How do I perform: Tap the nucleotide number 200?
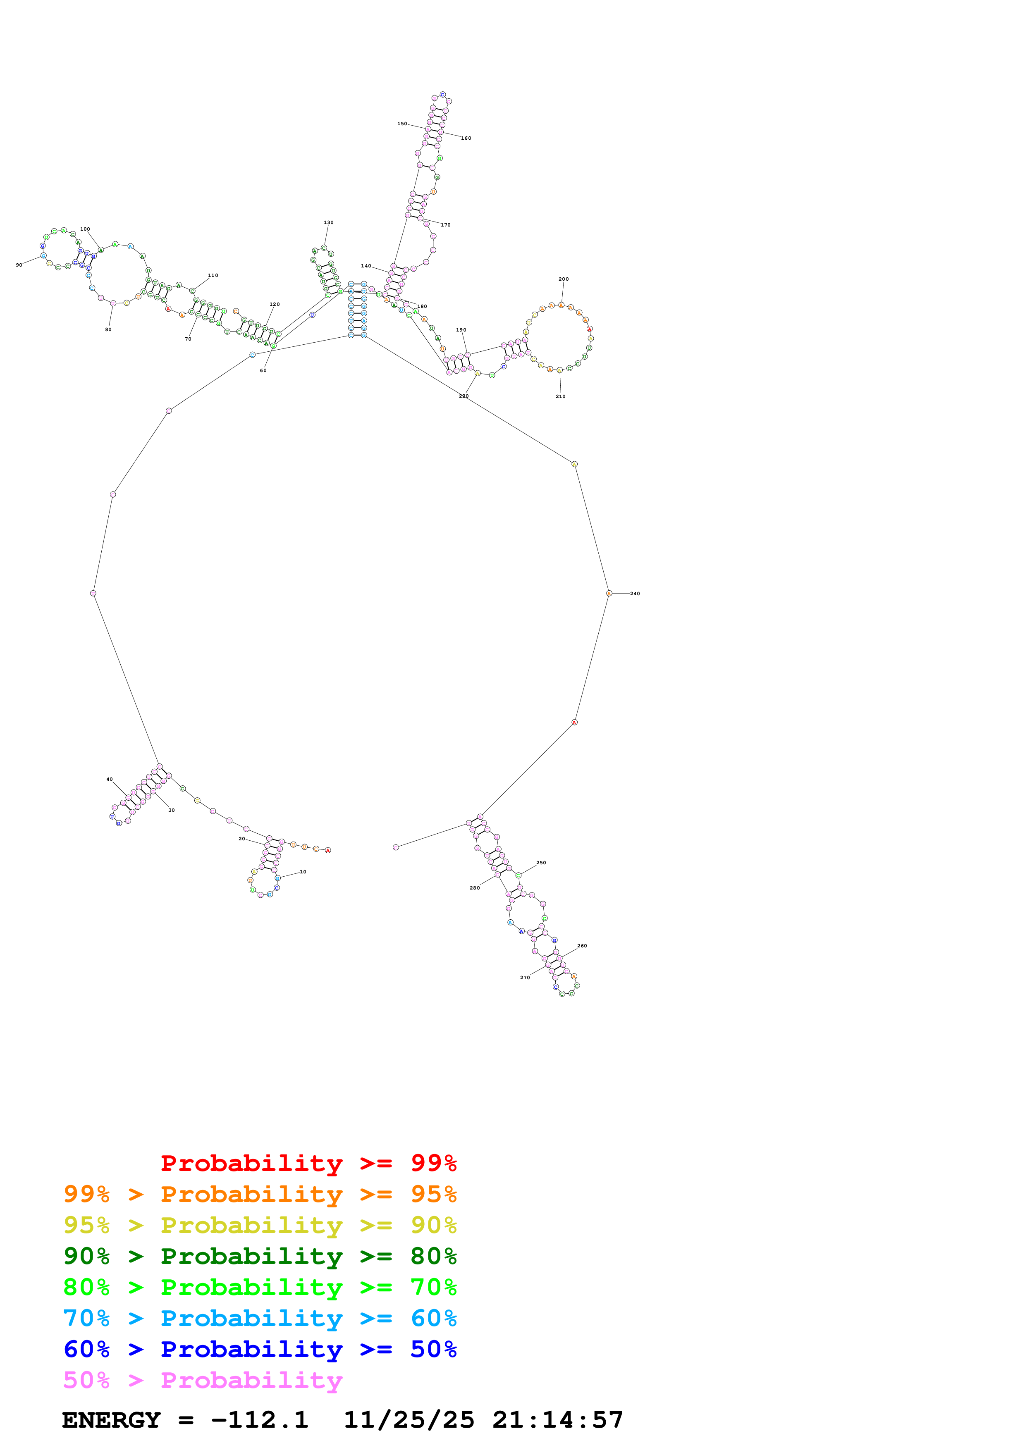pyautogui.click(x=563, y=279)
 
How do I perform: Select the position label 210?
pyautogui.click(x=560, y=397)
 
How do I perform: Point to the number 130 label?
pyautogui.click(x=328, y=222)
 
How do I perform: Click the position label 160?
pyautogui.click(x=466, y=138)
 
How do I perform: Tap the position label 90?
pyautogui.click(x=19, y=265)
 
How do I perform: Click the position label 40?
pyautogui.click(x=109, y=779)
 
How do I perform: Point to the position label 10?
pyautogui.click(x=303, y=871)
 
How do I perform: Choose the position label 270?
pyautogui.click(x=525, y=978)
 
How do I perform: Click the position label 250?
pyautogui.click(x=541, y=863)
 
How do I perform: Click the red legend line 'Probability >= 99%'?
pyautogui.click(x=308, y=1163)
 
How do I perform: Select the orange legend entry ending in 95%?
pyautogui.click(x=260, y=1194)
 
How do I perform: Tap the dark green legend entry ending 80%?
pyautogui.click(x=260, y=1256)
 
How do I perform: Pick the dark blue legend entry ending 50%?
pyautogui.click(x=260, y=1349)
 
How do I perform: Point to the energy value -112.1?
pyautogui.click(x=260, y=1420)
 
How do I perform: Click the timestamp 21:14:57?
pyautogui.click(x=558, y=1420)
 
